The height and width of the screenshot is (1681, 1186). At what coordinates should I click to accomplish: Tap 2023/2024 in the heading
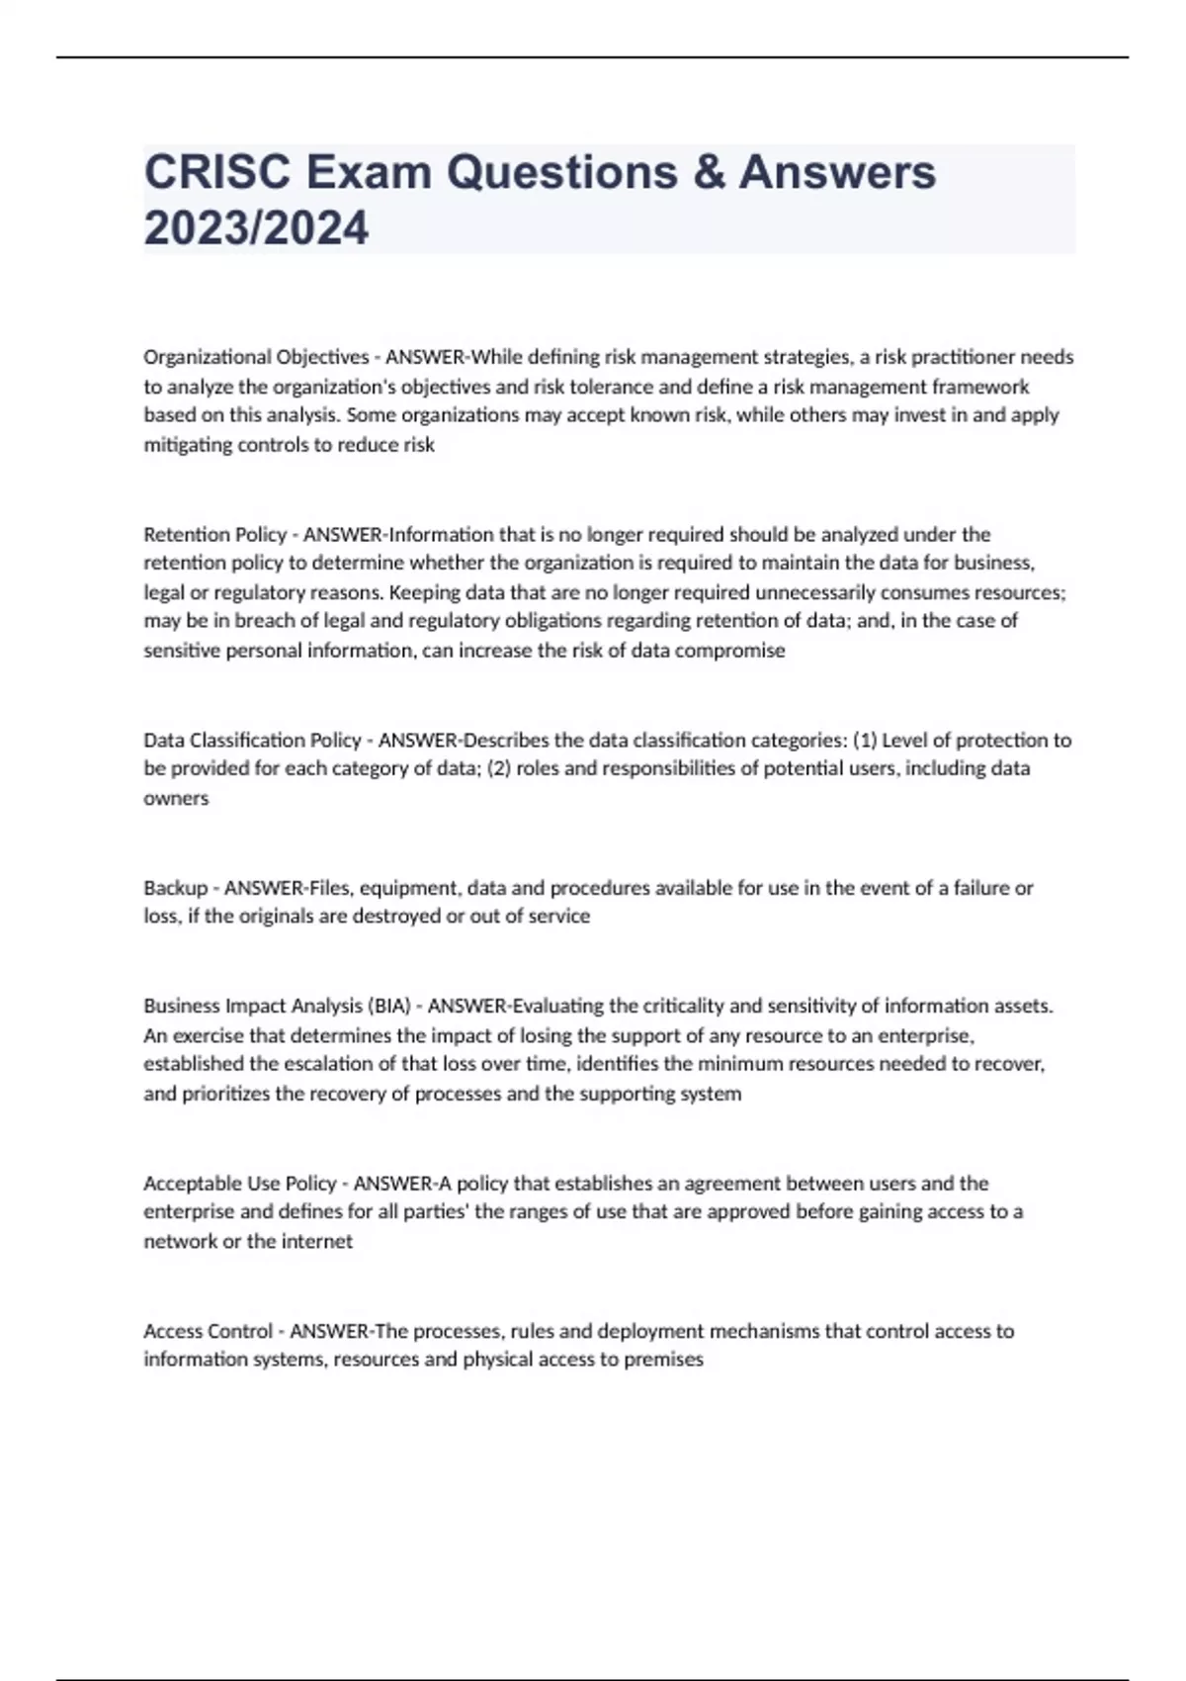coord(256,228)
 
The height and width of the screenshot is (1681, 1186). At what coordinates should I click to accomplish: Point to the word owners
coord(176,799)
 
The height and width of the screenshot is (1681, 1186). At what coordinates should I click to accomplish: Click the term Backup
coord(175,888)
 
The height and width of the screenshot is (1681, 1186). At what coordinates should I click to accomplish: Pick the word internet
coord(316,1242)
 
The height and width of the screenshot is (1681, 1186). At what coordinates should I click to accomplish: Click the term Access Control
coord(208,1331)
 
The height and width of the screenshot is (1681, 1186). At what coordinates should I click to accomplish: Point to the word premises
coord(662,1360)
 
